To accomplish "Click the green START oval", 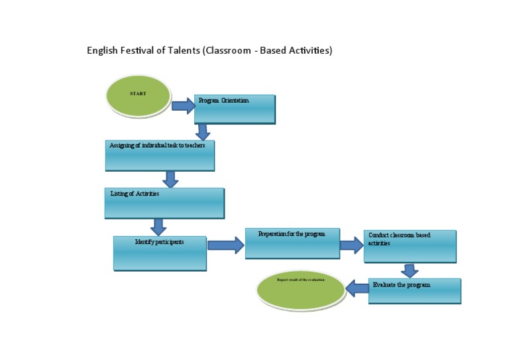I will (x=138, y=95).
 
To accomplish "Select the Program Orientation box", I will (x=235, y=109).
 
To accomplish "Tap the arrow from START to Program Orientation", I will (x=184, y=105).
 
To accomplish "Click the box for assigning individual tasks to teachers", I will (x=160, y=155).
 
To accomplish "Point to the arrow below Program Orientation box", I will (x=203, y=132).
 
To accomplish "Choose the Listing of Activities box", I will (x=164, y=203).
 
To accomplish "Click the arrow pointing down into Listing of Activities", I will (x=170, y=179).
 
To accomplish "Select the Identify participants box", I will (x=160, y=253).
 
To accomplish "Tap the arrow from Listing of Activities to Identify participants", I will (x=158, y=227).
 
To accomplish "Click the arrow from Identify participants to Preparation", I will (x=225, y=245).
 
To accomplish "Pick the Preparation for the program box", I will (x=292, y=243).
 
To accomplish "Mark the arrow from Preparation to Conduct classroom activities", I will (x=351, y=245).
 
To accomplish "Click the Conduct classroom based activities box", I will (x=410, y=246).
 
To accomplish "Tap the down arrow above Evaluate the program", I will (x=410, y=270).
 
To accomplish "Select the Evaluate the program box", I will (x=414, y=291).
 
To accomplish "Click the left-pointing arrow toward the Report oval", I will (x=358, y=288).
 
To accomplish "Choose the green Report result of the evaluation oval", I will (x=301, y=290).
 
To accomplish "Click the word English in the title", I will (x=103, y=50).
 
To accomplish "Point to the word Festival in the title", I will (x=138, y=50).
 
